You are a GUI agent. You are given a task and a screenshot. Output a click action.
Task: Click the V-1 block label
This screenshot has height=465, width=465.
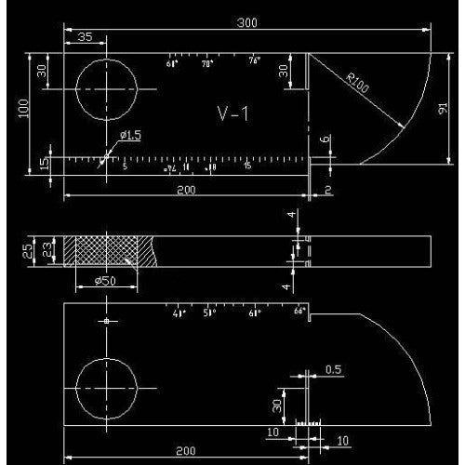232,113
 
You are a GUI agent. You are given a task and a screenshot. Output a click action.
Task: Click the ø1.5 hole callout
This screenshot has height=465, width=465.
131,136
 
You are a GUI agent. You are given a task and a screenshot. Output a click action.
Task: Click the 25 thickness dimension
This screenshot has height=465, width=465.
28,250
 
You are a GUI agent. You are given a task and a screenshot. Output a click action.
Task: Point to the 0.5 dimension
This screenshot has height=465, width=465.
333,370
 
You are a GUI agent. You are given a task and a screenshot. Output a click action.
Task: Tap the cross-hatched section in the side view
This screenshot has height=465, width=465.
107,249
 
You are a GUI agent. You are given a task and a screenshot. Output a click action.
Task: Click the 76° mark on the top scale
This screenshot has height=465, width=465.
255,60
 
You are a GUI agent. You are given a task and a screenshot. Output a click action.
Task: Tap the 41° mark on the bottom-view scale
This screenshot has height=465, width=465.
179,312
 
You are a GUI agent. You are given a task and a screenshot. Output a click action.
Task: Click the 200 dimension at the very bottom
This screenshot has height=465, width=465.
185,451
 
